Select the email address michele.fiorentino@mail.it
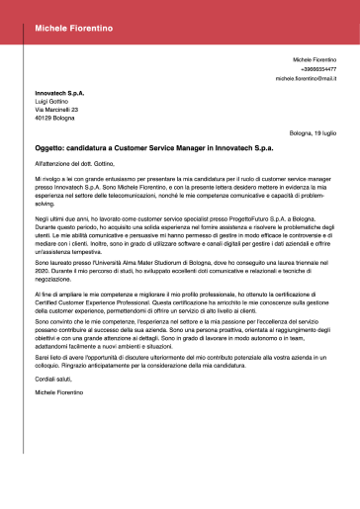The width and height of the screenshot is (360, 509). pyautogui.click(x=306, y=78)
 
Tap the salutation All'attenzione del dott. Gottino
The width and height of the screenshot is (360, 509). pyautogui.click(x=75, y=161)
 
